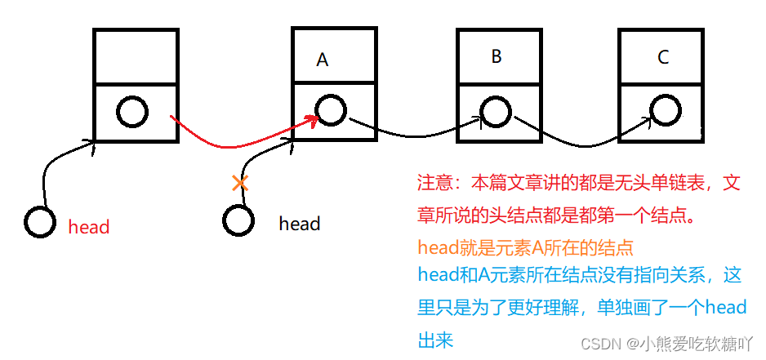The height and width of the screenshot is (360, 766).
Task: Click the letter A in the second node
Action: (322, 60)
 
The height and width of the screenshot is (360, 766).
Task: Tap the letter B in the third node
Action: (497, 56)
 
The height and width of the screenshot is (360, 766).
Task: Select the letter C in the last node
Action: (662, 57)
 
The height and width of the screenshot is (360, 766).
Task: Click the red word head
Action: (88, 227)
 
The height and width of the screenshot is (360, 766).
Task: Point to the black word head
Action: (299, 224)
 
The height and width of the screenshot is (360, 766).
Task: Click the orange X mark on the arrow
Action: (239, 183)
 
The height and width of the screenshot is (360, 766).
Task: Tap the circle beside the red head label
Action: (40, 222)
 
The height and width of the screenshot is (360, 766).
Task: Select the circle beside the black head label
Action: (238, 219)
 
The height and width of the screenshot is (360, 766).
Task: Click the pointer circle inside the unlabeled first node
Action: (132, 112)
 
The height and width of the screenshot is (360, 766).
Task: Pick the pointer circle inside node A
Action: (330, 110)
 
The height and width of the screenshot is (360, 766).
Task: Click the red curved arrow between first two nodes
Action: (237, 144)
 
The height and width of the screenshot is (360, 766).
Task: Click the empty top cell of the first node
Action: (136, 57)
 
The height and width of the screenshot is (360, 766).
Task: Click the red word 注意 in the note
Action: (434, 183)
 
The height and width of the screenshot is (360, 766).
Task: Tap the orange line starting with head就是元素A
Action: (525, 247)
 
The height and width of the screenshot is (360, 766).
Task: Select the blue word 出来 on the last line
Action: (435, 338)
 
